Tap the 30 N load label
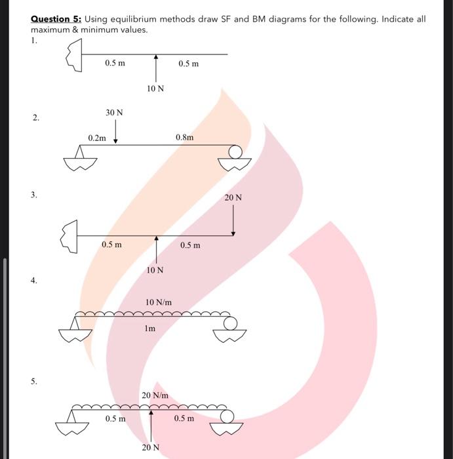tap(114, 113)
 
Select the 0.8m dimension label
tap(185, 137)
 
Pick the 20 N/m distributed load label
tap(155, 395)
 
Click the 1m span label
tap(150, 329)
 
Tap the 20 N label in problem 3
tap(233, 197)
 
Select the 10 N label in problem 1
tap(156, 89)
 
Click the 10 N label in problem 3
tap(155, 269)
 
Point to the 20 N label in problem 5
tap(151, 448)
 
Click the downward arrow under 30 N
tap(115, 135)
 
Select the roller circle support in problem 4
tap(230, 323)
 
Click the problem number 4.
tap(33, 280)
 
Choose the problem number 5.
tap(33, 380)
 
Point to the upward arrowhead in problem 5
tap(151, 413)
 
